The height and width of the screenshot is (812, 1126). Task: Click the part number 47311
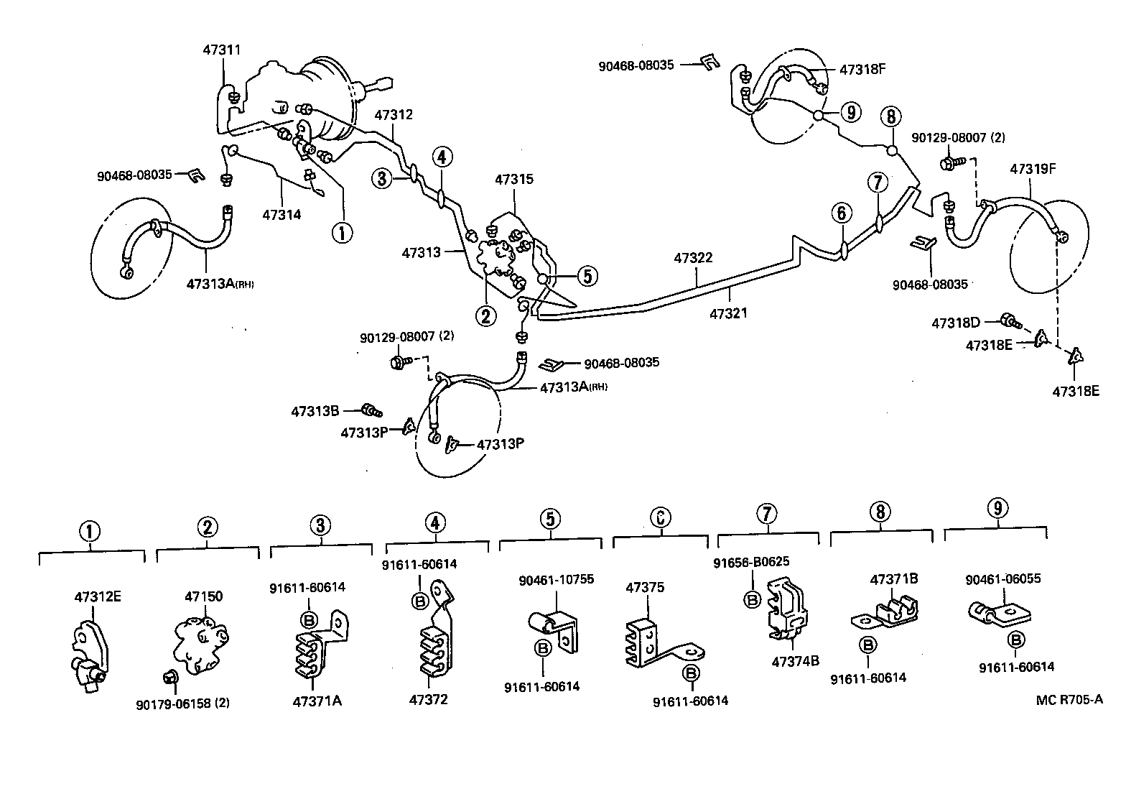pos(222,50)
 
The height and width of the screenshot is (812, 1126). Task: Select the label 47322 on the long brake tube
pos(693,257)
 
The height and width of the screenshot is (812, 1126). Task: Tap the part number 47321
pos(729,313)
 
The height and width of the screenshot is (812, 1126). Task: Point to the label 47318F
pos(863,70)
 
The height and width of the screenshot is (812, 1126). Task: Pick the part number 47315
pos(513,179)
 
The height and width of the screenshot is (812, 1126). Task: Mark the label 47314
pos(281,214)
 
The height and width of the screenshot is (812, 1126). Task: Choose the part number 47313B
pos(315,412)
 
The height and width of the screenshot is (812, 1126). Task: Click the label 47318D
pos(956,323)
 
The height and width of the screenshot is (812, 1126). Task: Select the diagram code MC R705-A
pos(1069,699)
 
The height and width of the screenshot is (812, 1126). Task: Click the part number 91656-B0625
pos(751,562)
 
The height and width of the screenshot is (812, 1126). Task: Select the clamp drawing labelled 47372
pos(434,640)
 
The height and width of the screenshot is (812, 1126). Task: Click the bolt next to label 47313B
pos(372,411)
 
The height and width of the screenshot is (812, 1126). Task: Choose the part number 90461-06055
pos(1002,578)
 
